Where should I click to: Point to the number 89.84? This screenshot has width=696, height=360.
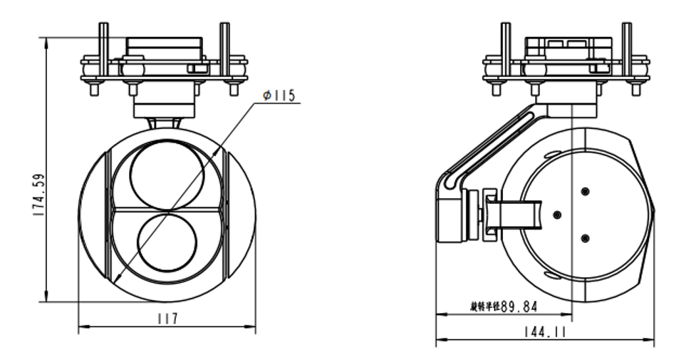519,307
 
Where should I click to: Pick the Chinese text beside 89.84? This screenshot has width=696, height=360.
484,307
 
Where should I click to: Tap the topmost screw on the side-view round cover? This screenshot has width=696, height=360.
585,191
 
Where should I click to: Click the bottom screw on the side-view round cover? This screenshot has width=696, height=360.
585,238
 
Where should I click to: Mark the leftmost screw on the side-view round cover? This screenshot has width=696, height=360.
557,214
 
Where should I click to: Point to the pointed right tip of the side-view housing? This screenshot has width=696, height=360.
654,207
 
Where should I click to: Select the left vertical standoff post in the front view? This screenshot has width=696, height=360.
103,50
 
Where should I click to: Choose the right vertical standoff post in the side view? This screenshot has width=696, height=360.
626,50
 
